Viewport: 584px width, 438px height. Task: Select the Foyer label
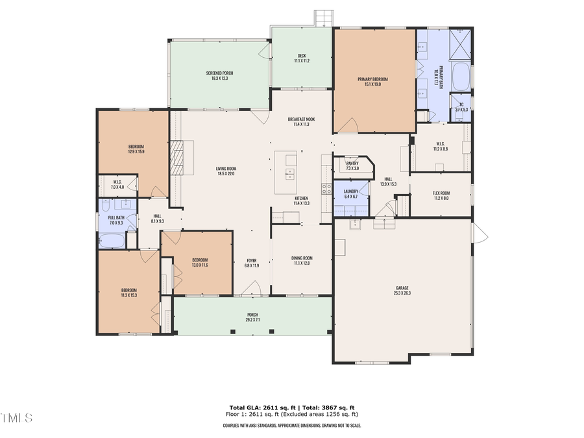(x=252, y=262)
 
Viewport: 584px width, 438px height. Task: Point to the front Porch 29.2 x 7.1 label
(x=252, y=317)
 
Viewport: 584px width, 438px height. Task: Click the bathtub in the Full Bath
(x=112, y=241)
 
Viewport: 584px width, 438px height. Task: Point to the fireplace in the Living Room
(x=178, y=156)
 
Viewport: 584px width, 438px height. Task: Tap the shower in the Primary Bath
(x=461, y=43)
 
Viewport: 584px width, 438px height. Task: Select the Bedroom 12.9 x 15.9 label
(x=136, y=149)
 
